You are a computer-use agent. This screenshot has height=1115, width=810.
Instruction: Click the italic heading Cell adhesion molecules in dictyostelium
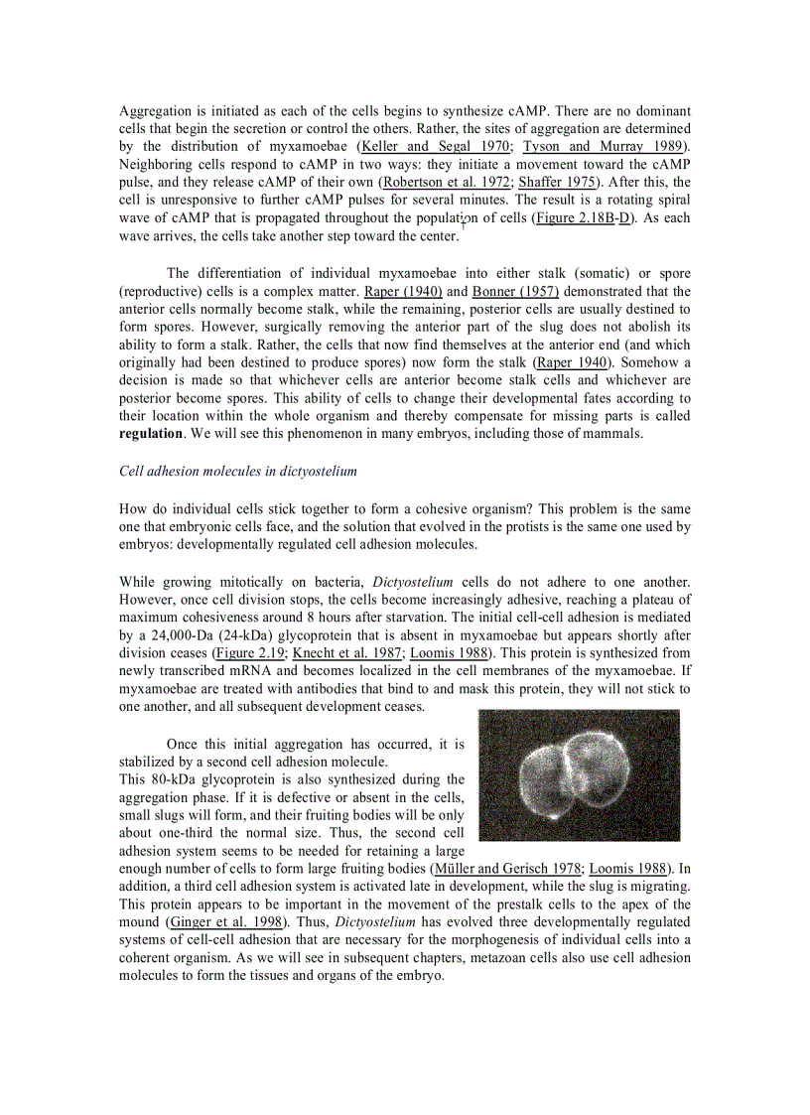pos(238,471)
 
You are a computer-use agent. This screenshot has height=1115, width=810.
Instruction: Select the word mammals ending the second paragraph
pos(613,434)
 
